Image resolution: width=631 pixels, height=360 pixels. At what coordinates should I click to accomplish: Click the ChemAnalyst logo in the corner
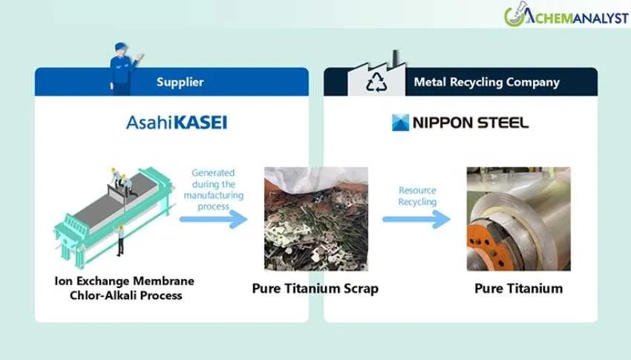563,16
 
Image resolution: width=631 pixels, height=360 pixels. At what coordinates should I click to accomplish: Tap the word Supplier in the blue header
180,82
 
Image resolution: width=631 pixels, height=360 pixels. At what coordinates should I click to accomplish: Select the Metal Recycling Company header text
486,82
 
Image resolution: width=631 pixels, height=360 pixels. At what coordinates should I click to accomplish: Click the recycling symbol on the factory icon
376,83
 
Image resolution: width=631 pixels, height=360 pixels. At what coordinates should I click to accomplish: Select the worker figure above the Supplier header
122,68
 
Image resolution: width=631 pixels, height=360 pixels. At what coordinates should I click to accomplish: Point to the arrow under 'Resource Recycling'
416,219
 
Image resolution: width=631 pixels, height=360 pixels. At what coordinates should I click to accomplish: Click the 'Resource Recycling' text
417,196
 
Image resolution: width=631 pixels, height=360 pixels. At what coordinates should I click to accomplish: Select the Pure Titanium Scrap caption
315,288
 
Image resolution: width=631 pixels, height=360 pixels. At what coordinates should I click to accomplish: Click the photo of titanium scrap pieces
315,219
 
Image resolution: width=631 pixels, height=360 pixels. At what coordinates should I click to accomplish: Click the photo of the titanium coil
518,219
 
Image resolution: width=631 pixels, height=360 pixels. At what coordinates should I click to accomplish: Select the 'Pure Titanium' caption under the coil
518,288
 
